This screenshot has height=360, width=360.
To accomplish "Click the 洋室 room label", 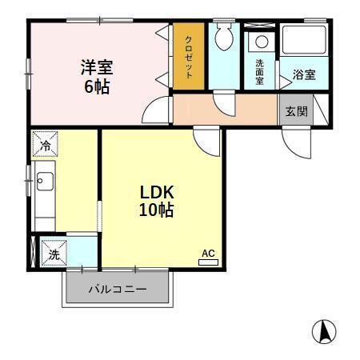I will [95, 67].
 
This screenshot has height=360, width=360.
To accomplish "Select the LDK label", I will [157, 193].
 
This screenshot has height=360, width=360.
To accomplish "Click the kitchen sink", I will [44, 182].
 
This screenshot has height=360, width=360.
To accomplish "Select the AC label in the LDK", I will [208, 254].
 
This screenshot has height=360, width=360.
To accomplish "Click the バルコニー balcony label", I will [117, 290].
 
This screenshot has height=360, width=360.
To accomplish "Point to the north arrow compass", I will [323, 330].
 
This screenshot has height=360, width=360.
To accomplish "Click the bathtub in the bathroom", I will [304, 41].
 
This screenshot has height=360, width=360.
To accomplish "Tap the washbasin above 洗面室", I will [259, 42].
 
